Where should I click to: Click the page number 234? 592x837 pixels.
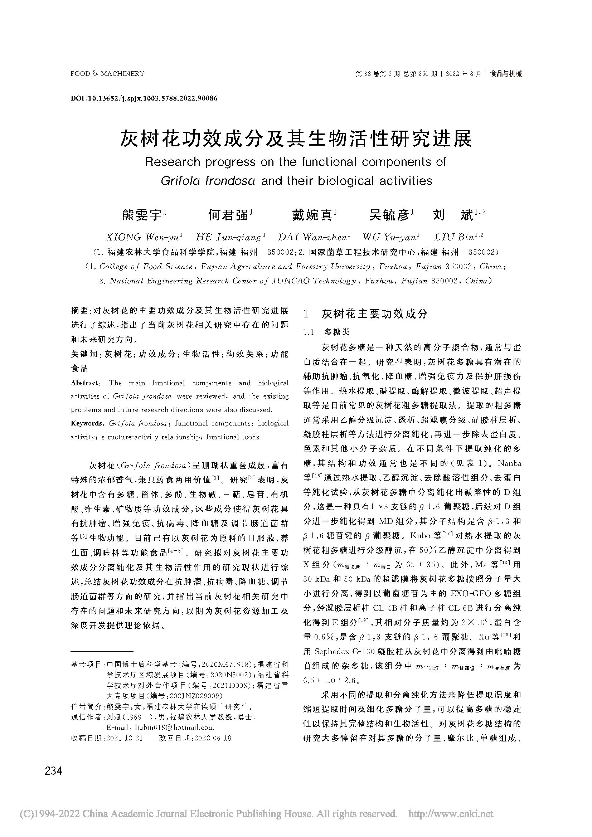54,771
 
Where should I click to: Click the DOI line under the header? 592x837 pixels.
144,98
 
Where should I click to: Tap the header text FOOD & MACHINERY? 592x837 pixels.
107,74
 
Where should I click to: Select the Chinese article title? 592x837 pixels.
296,138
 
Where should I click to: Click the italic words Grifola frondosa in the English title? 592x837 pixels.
208,181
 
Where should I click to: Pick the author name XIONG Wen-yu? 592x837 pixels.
144,237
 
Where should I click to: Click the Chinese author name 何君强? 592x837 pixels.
228,215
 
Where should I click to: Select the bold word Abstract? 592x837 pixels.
84,383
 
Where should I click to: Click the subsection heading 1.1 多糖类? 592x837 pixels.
327,332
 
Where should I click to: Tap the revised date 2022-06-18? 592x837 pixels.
213,738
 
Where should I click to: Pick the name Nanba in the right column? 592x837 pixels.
509,464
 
